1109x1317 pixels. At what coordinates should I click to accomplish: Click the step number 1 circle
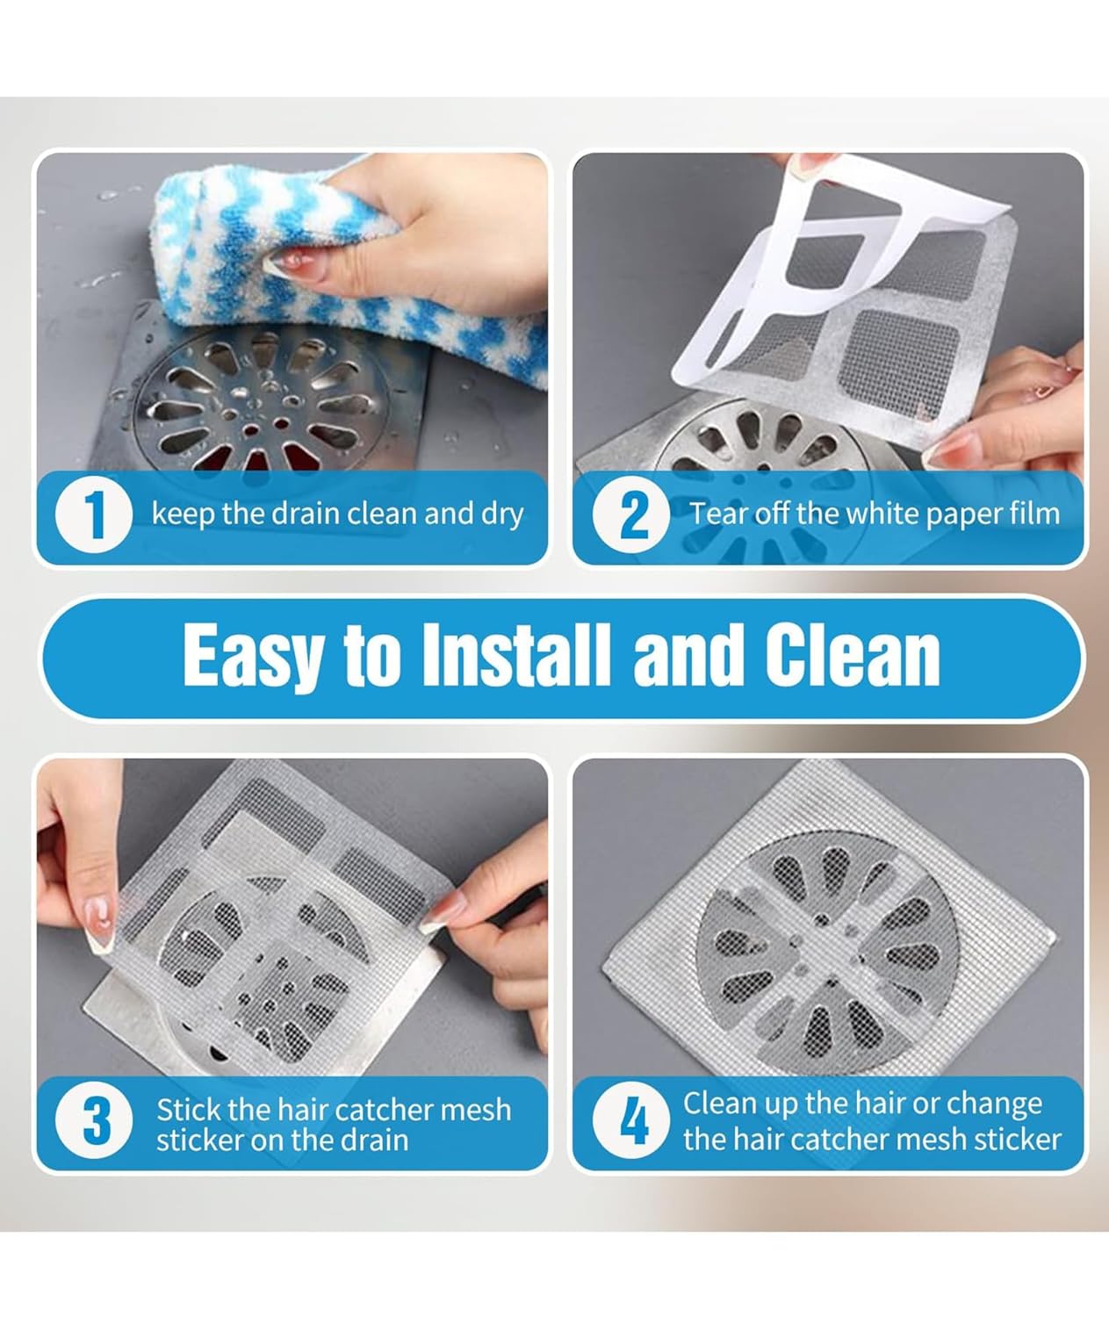(94, 515)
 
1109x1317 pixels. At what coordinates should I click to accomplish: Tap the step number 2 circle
(632, 515)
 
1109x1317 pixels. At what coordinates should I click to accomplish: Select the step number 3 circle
(94, 1123)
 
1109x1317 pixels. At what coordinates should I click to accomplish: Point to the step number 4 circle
(632, 1121)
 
